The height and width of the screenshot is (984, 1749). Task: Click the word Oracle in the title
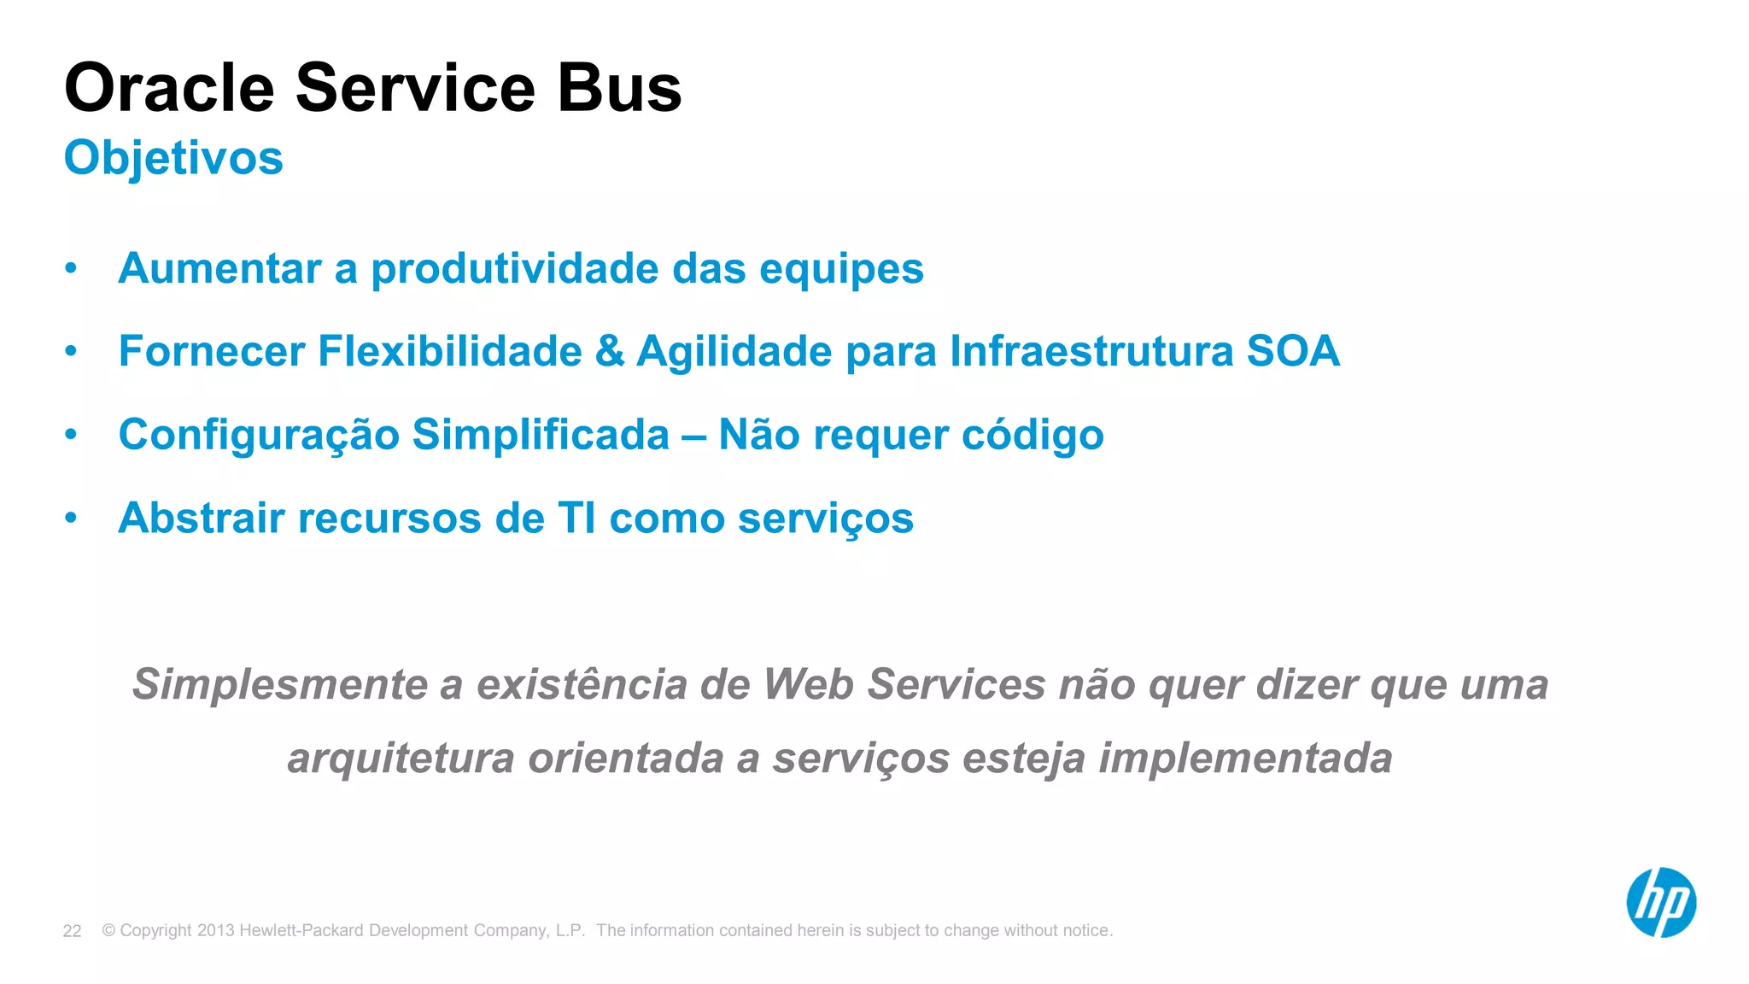169,88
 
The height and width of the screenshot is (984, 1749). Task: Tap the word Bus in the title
619,88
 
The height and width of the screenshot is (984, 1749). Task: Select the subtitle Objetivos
173,158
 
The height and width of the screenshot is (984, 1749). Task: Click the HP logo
1660,903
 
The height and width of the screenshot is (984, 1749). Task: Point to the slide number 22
72,931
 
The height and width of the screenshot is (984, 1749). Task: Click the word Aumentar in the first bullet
219,269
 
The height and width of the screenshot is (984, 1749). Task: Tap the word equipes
841,269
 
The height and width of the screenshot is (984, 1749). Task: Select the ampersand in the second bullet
609,351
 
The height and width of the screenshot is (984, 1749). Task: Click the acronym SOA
1292,351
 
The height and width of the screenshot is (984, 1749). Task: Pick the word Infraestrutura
1091,351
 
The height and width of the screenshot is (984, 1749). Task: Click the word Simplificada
541,435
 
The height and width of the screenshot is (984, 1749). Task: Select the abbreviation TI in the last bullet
576,518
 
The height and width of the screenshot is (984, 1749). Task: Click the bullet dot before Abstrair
71,518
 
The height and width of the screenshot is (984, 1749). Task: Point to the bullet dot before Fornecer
71,351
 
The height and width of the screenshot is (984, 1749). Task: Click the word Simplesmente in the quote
279,684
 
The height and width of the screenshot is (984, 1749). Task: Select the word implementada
1245,758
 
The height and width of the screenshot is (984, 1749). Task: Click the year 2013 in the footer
215,930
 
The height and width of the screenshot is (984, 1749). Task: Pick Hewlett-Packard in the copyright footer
301,930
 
